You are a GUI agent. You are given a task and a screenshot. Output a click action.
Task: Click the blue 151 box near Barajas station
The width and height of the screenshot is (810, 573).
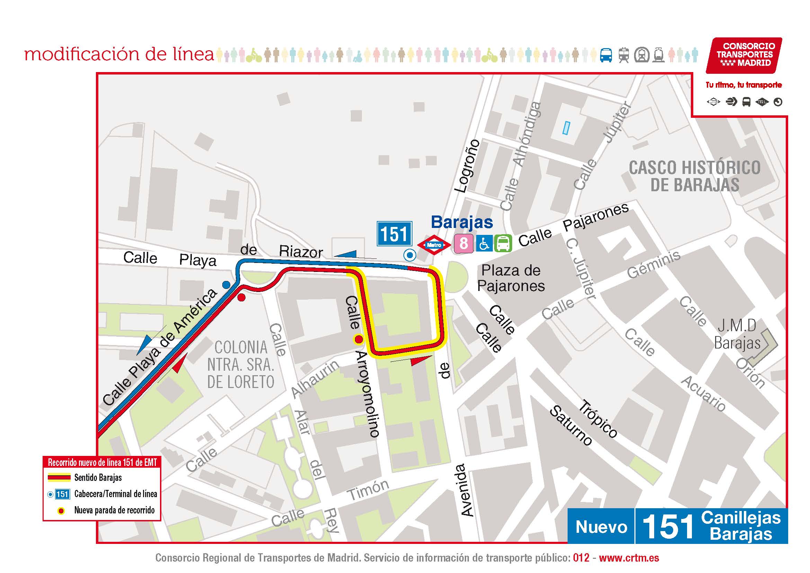pos(394,233)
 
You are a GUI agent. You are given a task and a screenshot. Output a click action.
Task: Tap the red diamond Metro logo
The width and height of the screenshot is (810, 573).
pos(434,245)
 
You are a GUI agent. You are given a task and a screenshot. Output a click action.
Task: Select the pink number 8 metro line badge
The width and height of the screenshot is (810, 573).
pos(464,244)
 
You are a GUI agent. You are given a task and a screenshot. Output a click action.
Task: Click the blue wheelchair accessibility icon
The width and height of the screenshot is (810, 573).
pos(484,244)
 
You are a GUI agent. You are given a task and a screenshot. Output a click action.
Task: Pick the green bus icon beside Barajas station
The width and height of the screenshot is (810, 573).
pos(503,244)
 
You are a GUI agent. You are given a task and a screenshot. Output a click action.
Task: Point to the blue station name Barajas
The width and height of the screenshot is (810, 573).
pos(462,222)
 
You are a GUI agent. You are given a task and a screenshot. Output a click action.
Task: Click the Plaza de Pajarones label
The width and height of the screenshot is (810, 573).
pos(511,278)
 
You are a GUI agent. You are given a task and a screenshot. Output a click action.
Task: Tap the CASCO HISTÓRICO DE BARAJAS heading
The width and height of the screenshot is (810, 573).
pos(694,176)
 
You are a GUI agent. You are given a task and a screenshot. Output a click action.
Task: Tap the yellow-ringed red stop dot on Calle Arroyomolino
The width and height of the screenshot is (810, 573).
pos(358,340)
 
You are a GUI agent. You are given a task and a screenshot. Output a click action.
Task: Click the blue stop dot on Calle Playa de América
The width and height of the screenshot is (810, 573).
pos(226,284)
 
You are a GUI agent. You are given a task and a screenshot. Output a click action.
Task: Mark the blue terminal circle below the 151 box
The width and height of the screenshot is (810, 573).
pos(410,254)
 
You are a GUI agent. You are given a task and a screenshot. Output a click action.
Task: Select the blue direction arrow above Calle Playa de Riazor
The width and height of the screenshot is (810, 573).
pos(346,254)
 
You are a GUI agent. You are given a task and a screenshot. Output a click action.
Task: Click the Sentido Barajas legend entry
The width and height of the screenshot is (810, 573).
pos(98,478)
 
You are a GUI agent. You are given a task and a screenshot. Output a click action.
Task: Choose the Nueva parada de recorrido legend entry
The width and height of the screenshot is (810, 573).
pos(114,510)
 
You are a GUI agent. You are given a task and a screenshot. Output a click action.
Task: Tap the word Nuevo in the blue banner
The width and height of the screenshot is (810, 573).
pos(601,527)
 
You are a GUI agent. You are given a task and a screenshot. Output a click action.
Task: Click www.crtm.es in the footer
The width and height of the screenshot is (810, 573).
pos(629,558)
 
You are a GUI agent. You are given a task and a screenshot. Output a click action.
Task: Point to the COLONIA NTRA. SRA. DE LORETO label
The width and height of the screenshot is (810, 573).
pos(241,365)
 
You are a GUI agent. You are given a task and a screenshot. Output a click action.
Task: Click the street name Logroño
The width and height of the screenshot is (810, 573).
pos(468,166)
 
